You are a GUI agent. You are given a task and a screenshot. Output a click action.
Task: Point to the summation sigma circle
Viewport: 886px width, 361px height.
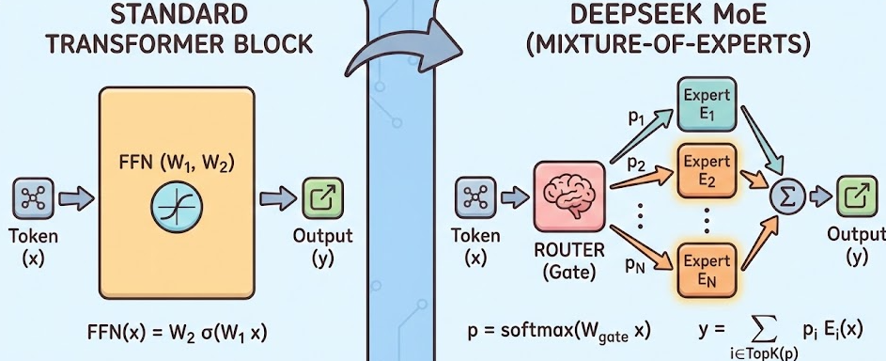786,196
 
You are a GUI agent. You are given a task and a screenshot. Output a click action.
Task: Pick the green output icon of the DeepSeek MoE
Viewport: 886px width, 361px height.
856,196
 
